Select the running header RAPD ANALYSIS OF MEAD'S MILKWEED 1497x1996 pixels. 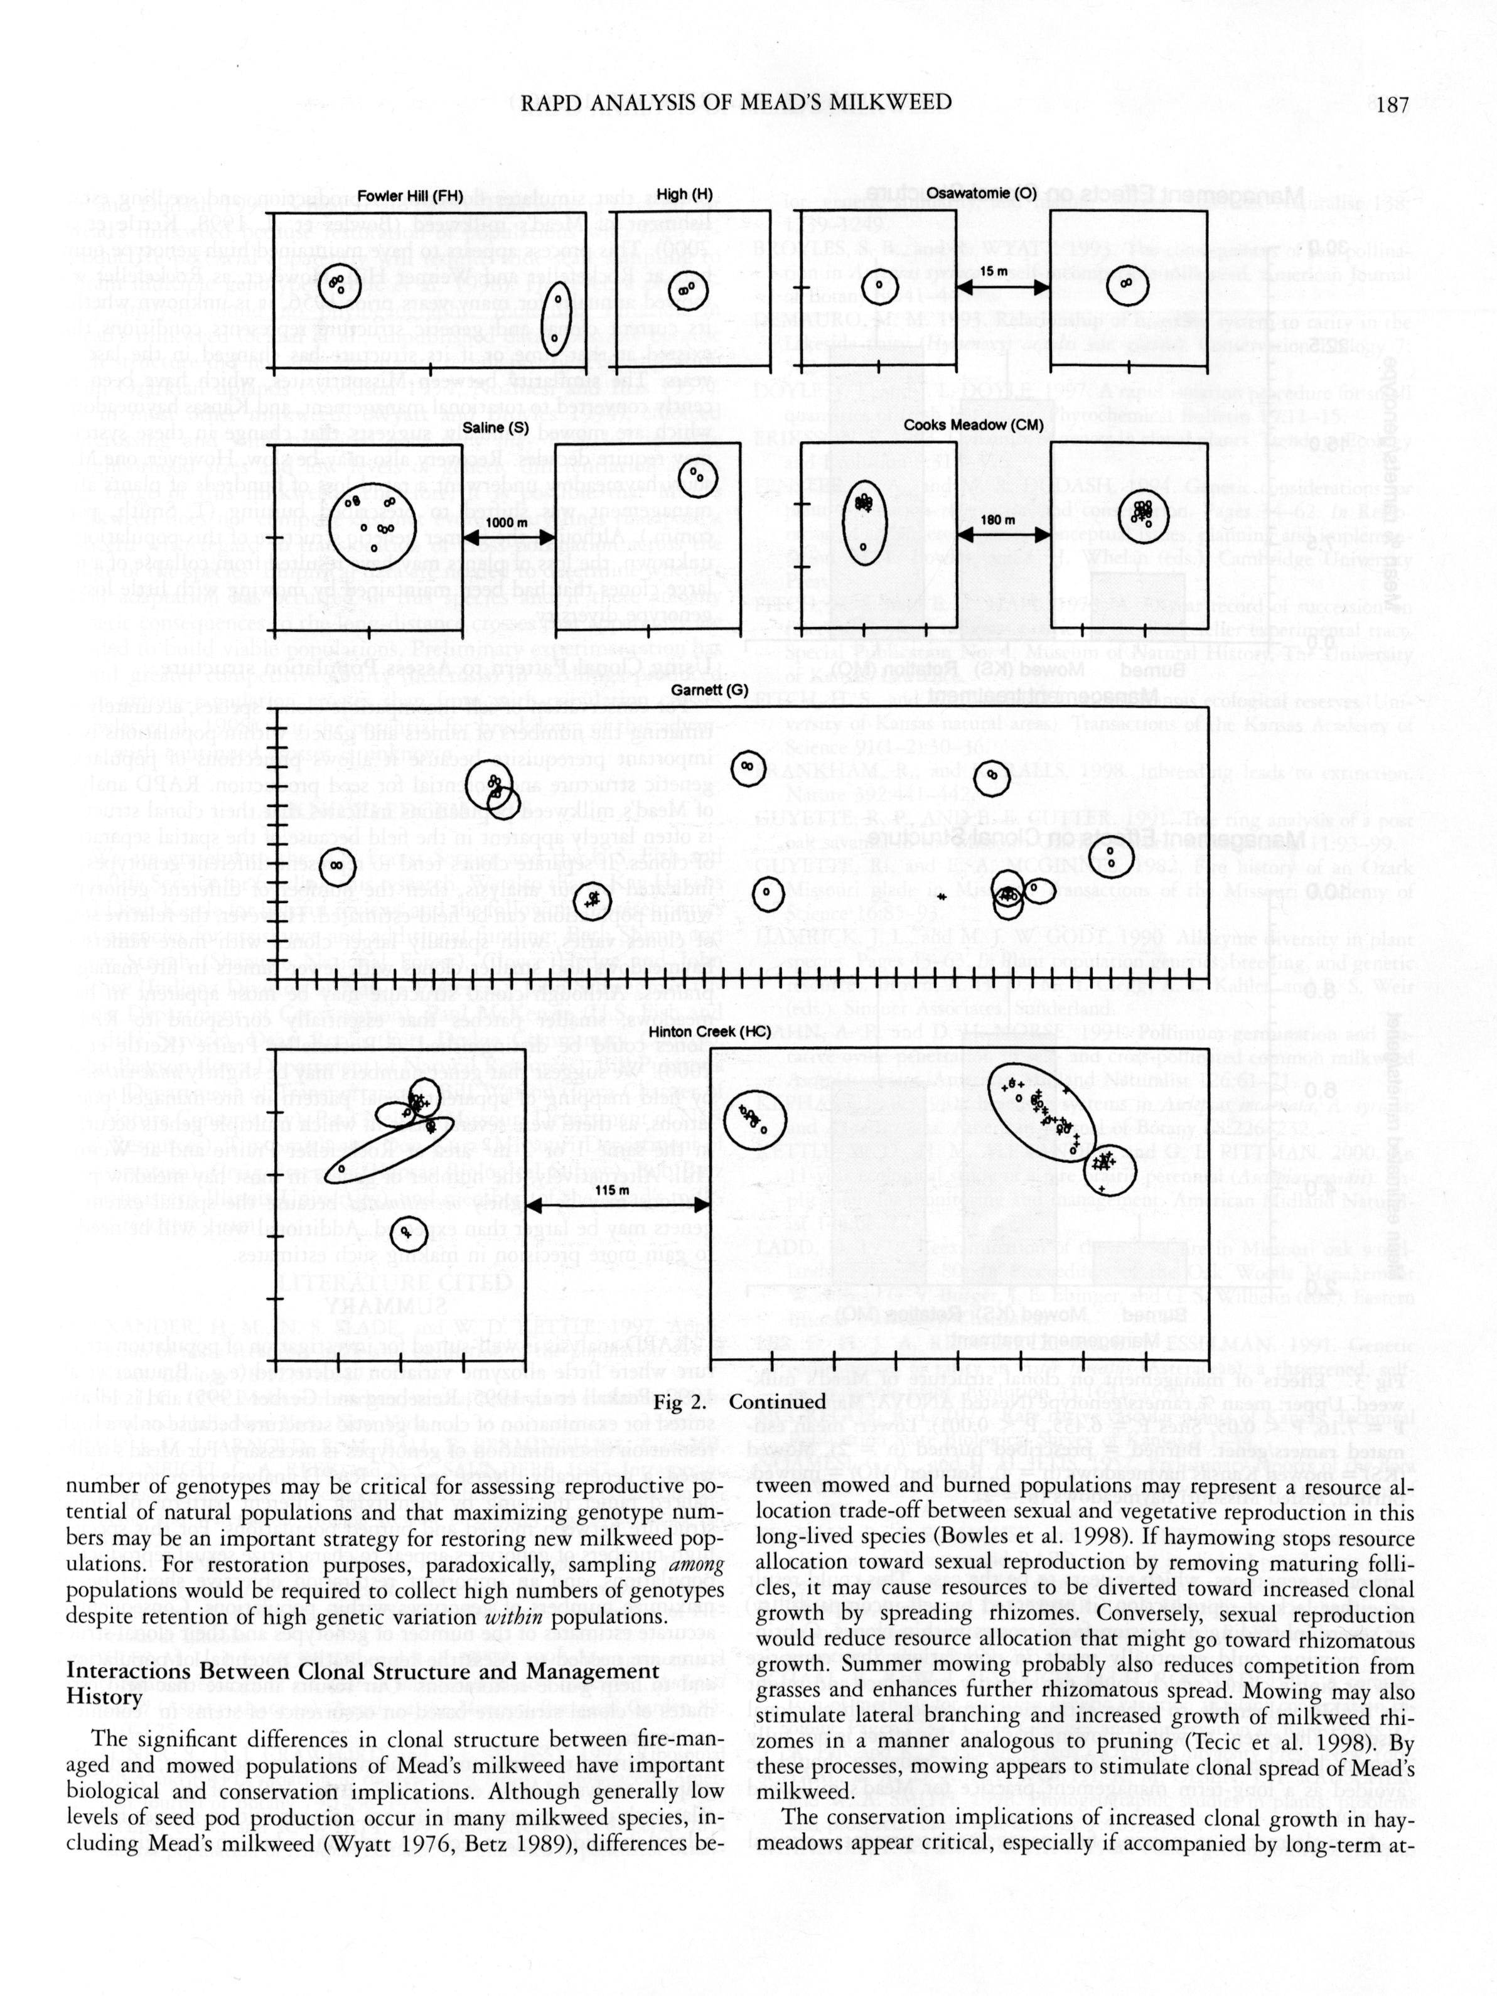click(736, 102)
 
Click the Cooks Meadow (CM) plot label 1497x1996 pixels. click(973, 425)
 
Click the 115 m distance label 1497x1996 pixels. click(612, 1190)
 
